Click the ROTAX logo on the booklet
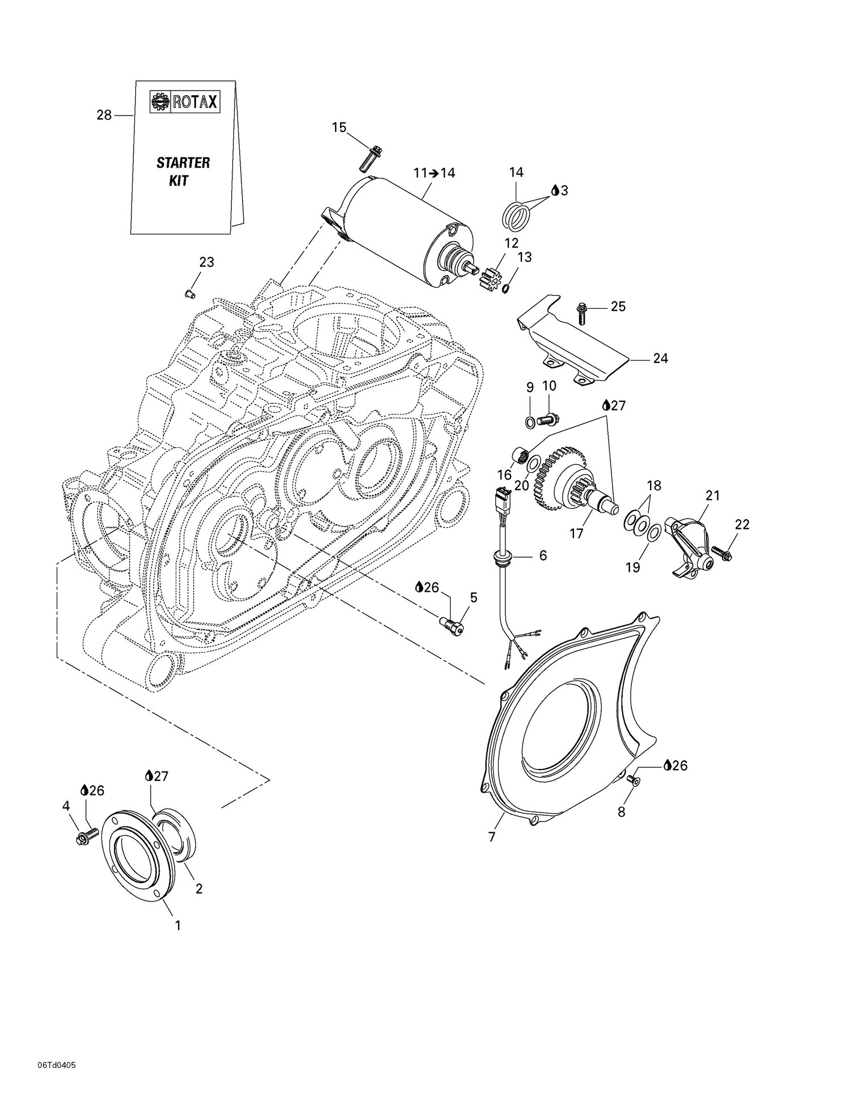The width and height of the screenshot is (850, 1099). pyautogui.click(x=184, y=102)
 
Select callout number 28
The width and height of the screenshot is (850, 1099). pyautogui.click(x=104, y=116)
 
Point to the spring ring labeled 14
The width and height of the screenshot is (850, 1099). pyautogui.click(x=517, y=217)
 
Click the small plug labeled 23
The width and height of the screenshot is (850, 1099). pyautogui.click(x=190, y=293)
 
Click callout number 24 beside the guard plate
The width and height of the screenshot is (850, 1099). pyautogui.click(x=660, y=358)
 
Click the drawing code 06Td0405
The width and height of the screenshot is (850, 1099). pyautogui.click(x=57, y=1065)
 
